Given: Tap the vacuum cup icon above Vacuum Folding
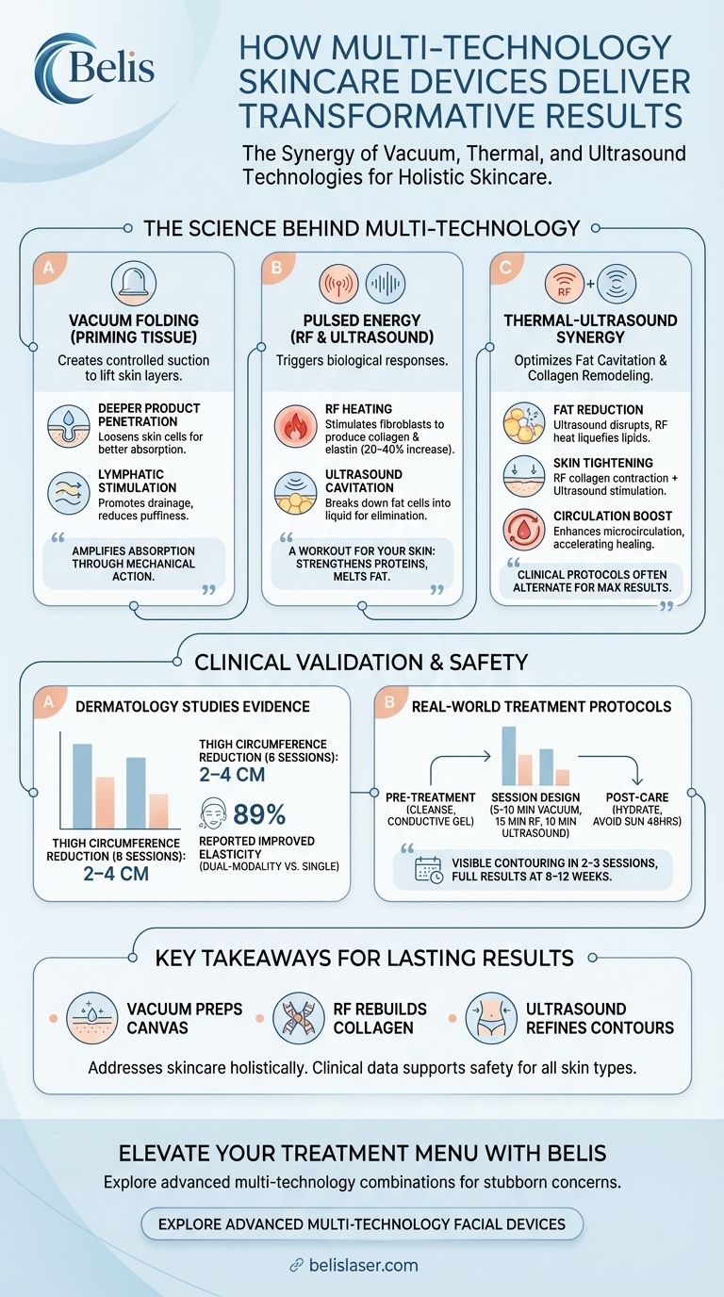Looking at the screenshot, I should click(133, 281).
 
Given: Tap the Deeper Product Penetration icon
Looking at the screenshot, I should click(69, 427).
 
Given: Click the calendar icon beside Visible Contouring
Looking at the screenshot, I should click(428, 870).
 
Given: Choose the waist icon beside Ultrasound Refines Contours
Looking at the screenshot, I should click(490, 1017).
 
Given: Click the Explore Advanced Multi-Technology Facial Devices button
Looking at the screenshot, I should click(362, 1224).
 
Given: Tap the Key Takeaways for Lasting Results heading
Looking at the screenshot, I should click(364, 959).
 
